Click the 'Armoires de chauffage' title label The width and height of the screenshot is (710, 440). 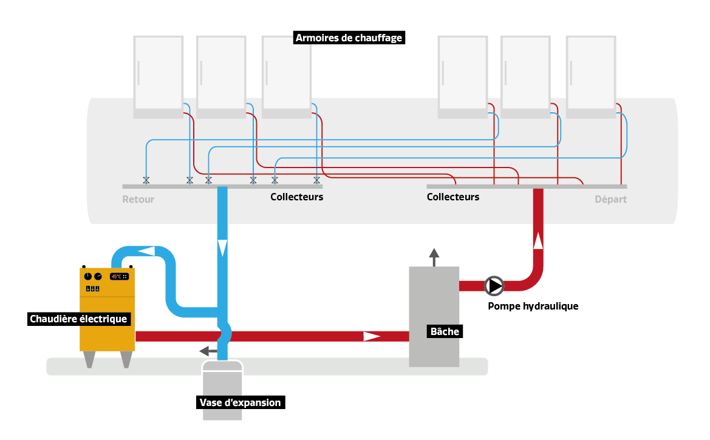click(x=349, y=38)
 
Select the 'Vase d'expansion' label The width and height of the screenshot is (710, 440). click(x=241, y=402)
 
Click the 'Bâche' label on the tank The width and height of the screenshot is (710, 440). click(x=445, y=331)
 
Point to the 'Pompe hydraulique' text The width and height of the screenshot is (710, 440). click(x=533, y=306)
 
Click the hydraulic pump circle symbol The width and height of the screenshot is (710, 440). click(x=493, y=285)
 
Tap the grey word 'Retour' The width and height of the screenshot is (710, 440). click(x=138, y=199)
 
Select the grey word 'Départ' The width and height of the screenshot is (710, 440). click(x=610, y=199)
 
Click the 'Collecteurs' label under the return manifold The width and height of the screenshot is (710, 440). click(x=296, y=197)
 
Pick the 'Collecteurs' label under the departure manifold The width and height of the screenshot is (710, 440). click(x=452, y=197)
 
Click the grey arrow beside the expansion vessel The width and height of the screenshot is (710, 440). click(x=207, y=351)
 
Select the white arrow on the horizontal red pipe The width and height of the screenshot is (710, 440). click(x=372, y=336)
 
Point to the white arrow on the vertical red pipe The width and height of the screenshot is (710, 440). click(x=538, y=241)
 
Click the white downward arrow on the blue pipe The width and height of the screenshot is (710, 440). click(x=222, y=247)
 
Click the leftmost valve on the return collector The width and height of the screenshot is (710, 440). click(x=146, y=180)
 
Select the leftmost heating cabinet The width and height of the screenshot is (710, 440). click(x=158, y=76)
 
